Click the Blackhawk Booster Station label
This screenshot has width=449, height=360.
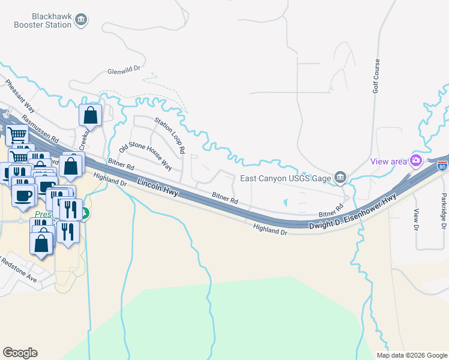[40, 20]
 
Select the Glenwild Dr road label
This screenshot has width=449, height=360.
[124, 70]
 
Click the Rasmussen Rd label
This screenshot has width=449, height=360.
[39, 128]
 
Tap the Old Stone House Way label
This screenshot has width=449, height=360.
[146, 155]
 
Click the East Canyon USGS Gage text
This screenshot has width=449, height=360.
[285, 178]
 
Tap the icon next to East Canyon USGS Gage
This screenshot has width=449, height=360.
[340, 176]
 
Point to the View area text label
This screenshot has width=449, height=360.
[388, 161]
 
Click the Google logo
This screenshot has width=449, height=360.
[20, 353]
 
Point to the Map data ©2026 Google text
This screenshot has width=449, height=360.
[411, 355]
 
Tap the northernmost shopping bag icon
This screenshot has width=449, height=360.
[90, 114]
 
